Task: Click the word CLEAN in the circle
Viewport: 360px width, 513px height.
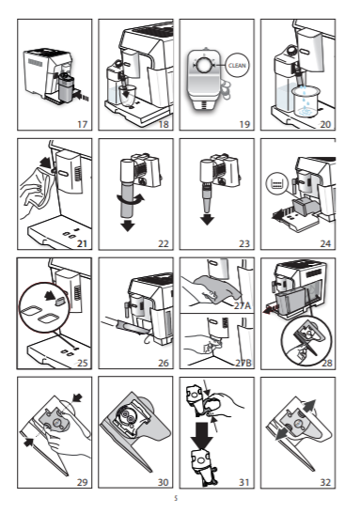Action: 237,65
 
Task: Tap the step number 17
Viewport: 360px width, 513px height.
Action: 83,124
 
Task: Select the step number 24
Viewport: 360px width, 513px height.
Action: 325,243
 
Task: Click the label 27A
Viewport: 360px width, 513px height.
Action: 243,305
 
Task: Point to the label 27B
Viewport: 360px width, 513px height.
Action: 243,363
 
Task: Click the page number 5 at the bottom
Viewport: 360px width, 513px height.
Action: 176,499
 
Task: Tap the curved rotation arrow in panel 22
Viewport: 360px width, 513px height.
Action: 130,199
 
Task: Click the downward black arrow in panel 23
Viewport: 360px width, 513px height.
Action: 207,219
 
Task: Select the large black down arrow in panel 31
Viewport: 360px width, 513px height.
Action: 202,435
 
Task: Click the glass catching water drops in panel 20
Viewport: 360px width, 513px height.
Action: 306,101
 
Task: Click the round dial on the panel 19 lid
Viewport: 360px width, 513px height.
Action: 204,65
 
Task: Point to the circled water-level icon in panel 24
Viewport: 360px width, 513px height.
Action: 277,183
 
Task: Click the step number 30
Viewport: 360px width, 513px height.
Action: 163,482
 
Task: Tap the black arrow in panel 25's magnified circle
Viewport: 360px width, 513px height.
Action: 50,296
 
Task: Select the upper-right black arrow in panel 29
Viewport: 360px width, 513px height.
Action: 77,398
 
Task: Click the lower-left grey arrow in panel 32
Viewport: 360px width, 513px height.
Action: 280,435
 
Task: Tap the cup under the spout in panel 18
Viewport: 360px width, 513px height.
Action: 127,95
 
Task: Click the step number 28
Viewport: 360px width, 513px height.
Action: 326,363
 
